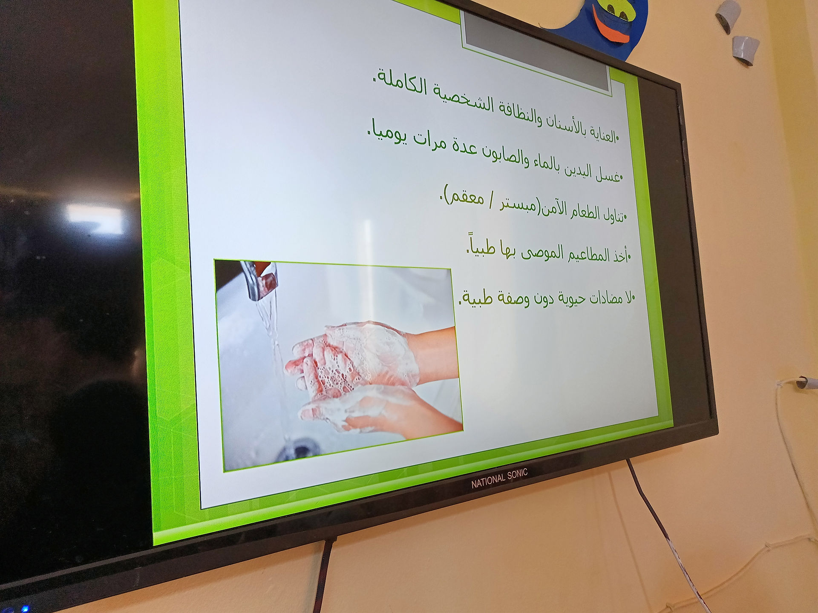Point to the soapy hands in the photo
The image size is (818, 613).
click(358, 375)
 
